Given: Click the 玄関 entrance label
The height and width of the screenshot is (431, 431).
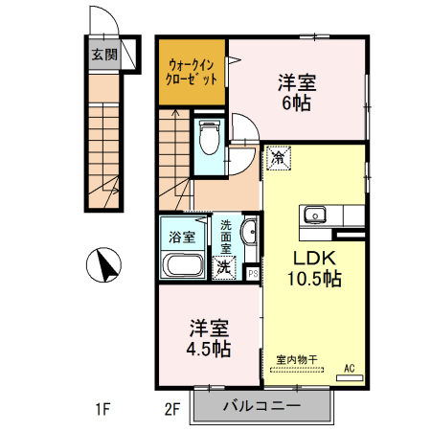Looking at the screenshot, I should [x=103, y=55].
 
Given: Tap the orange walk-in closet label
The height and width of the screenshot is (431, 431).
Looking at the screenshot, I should [x=192, y=72].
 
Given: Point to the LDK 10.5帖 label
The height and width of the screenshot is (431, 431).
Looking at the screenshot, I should [x=314, y=269].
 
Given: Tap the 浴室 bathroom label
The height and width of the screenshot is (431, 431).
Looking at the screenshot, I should [x=182, y=236].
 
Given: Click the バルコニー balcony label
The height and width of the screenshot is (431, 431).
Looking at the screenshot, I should [x=262, y=406].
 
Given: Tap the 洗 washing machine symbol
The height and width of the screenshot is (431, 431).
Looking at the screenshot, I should [x=224, y=267].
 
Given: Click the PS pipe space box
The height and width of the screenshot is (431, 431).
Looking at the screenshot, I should [x=252, y=272].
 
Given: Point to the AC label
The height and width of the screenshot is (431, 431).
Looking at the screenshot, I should [x=349, y=368].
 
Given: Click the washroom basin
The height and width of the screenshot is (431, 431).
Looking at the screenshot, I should [x=249, y=232].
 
